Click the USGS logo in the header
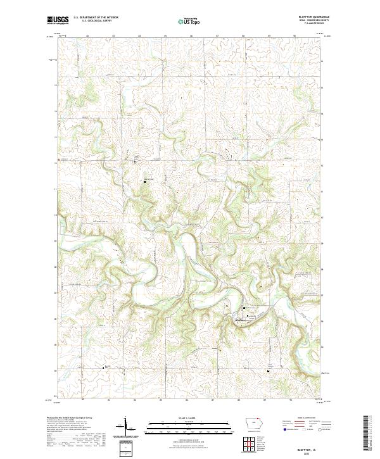(58, 20)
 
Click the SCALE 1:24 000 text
(184, 417)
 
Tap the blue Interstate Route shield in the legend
(281, 434)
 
